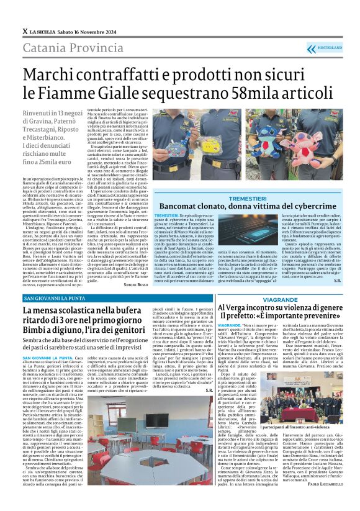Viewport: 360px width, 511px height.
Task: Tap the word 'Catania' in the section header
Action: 44,47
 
